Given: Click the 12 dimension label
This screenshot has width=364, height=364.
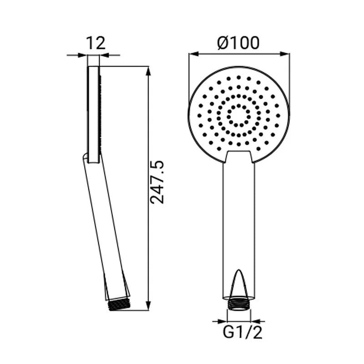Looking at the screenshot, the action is click(x=96, y=43).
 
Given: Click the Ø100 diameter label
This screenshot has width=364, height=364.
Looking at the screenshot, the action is click(x=238, y=43).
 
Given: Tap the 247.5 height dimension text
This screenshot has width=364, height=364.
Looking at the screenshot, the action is click(x=157, y=182).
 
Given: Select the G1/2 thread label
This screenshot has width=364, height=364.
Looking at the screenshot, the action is click(x=243, y=333).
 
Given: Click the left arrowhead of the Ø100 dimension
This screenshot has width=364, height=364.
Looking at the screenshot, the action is click(x=194, y=54).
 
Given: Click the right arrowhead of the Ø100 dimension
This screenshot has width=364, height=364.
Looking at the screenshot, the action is click(x=285, y=54).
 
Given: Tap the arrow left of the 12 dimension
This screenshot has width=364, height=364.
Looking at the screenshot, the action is click(x=77, y=55).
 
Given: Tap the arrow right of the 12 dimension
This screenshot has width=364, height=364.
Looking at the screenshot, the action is click(x=110, y=55).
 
